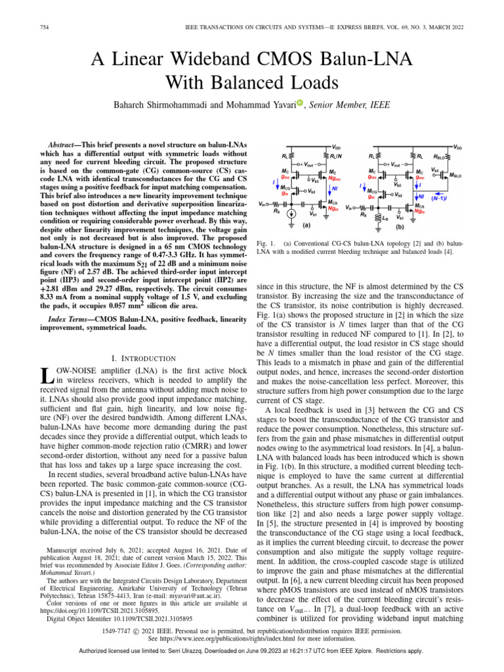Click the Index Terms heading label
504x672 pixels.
pos(75,319)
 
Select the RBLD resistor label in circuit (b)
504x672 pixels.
pos(440,157)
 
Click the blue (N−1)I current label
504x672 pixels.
pos(440,196)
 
